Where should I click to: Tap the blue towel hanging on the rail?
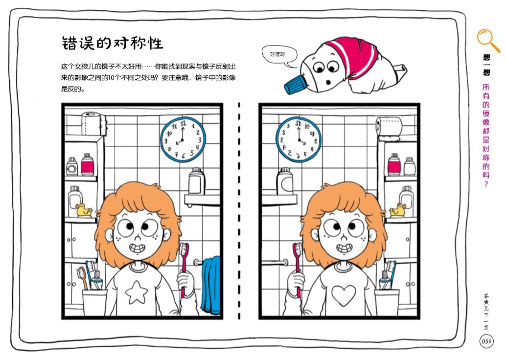click(x=211, y=286)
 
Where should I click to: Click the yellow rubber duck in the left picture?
click(x=84, y=210)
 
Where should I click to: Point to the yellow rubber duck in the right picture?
click(x=397, y=210)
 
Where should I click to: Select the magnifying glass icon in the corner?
click(x=487, y=40)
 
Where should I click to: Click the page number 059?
click(x=486, y=341)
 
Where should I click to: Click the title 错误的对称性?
click(x=112, y=43)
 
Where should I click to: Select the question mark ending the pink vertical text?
click(x=486, y=184)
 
